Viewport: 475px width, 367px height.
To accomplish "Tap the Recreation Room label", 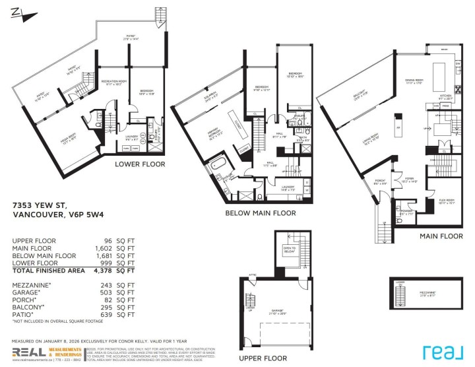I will pyautogui.click(x=111, y=83).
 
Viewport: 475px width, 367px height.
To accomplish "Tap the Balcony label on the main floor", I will pyautogui.click(x=360, y=100).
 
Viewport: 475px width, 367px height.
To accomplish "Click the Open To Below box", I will pyautogui.click(x=290, y=250).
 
